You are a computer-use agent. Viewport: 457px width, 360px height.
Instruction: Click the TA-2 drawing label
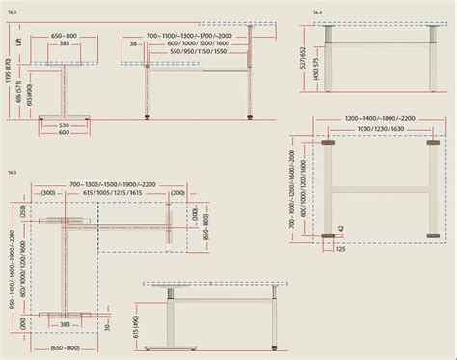(x=13, y=13)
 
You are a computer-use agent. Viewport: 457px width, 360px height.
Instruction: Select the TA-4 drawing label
(x=316, y=12)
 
